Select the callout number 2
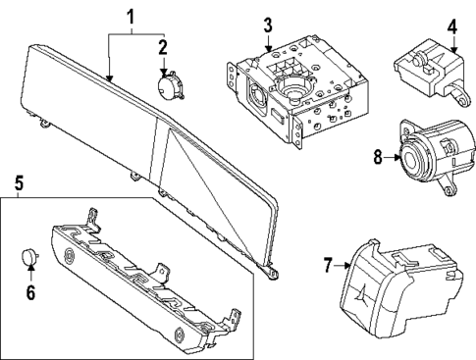[x=164, y=45]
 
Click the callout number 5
[x=17, y=181]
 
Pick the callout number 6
[x=30, y=292]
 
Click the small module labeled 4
[x=427, y=67]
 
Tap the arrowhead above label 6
[x=30, y=271]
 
